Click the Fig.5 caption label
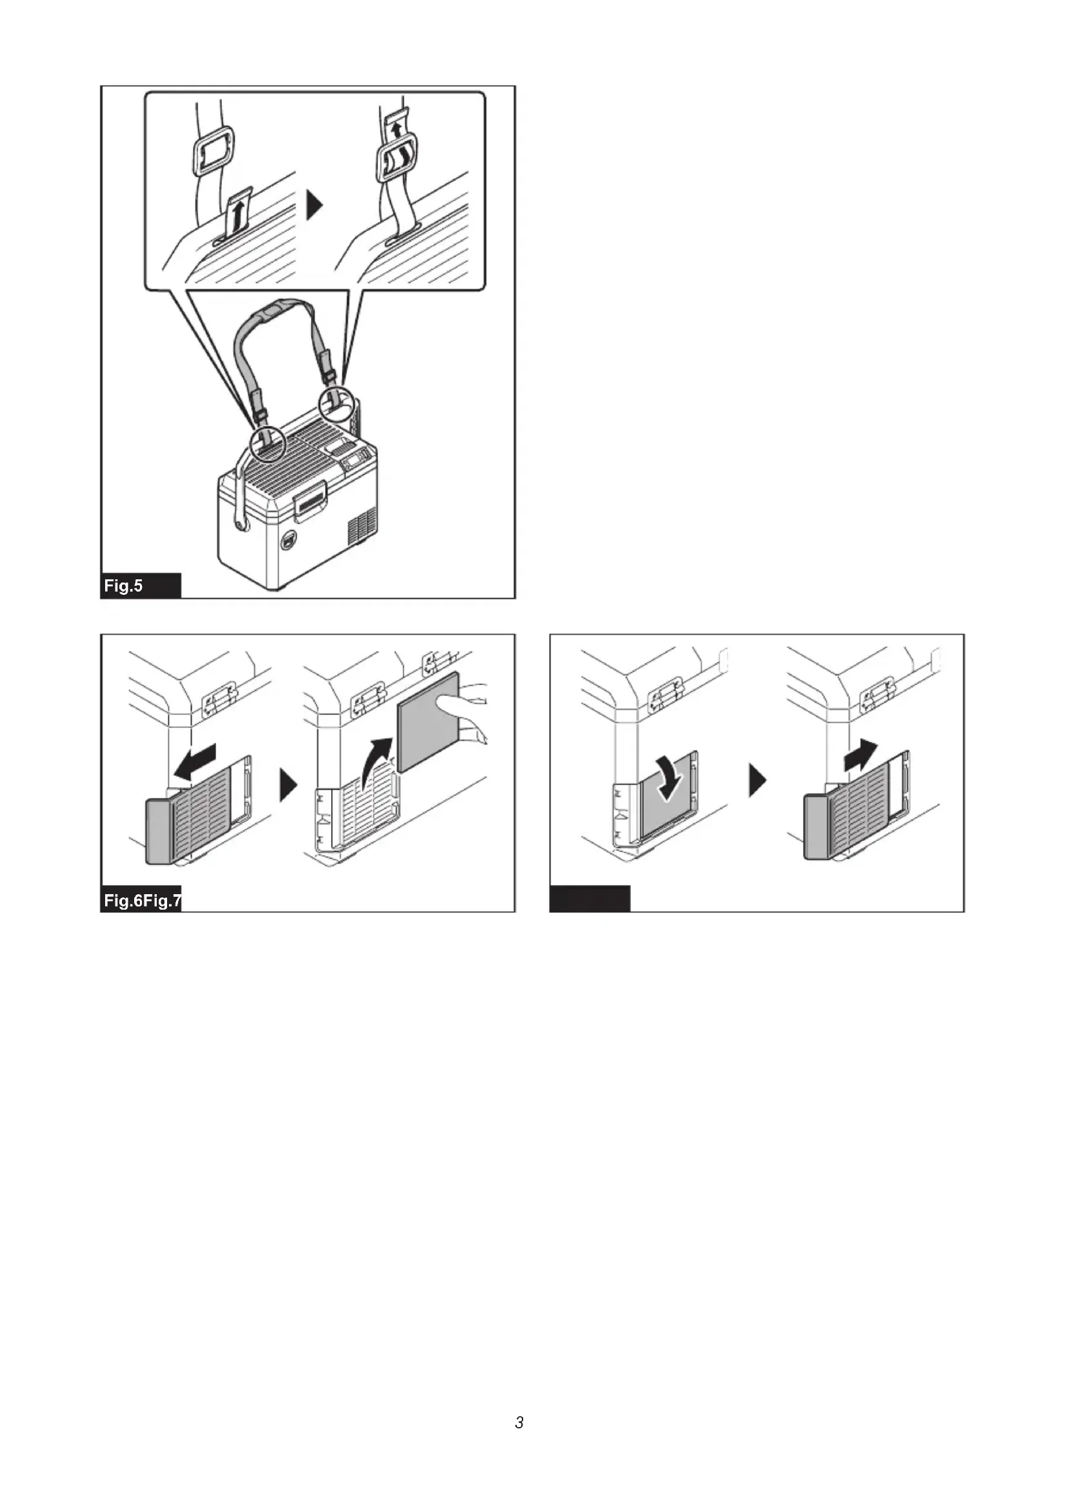[123, 586]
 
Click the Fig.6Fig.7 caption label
[143, 901]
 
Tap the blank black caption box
[590, 899]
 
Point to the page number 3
[519, 1423]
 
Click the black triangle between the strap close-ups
[315, 206]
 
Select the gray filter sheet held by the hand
[428, 723]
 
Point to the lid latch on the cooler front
[310, 500]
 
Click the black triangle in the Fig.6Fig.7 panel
[288, 785]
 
